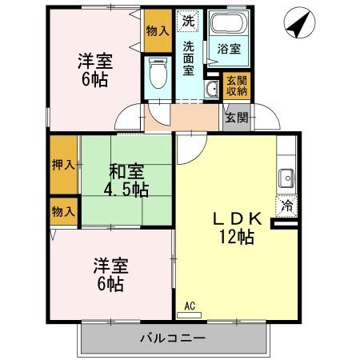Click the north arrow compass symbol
point(299,22)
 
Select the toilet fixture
point(158,73)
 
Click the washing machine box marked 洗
point(188,21)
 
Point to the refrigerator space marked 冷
point(286,206)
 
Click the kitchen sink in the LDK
point(286,178)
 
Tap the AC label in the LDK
point(190,306)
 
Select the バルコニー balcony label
point(173,338)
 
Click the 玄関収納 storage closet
point(237,86)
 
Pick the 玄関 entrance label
point(237,118)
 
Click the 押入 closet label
point(63,165)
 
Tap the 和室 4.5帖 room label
point(126,181)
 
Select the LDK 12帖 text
point(237,228)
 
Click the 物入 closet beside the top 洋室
point(158,31)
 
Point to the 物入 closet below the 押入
point(63,212)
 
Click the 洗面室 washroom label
point(188,58)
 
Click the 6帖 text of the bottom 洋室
point(110,284)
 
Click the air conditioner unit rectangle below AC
point(190,315)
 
